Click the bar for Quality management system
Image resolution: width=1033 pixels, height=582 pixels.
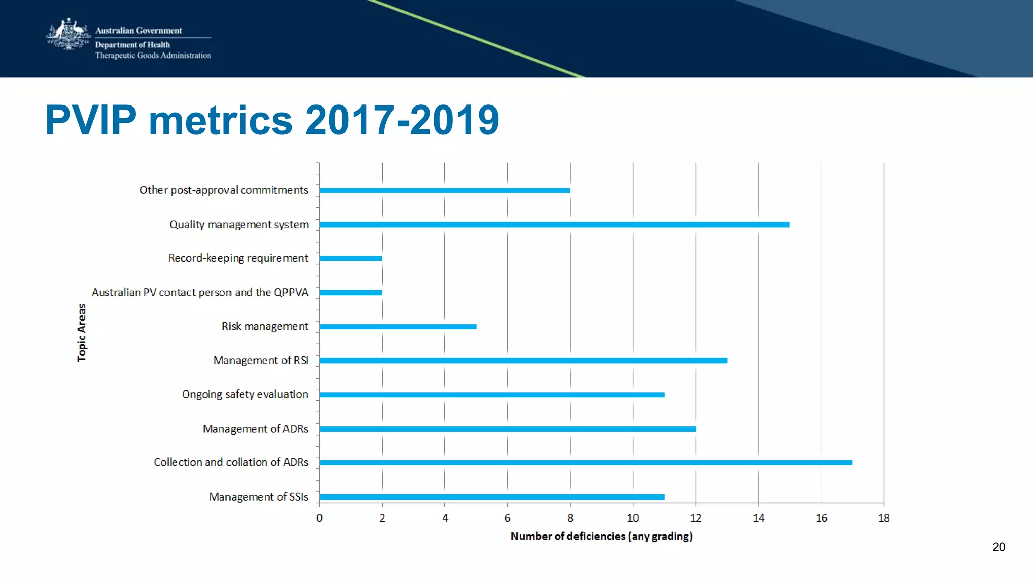pyautogui.click(x=554, y=225)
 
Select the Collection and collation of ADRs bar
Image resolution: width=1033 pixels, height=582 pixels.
pyautogui.click(x=585, y=463)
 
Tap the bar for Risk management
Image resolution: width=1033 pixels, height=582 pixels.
pyautogui.click(x=397, y=327)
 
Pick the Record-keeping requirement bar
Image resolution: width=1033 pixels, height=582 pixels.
pyautogui.click(x=351, y=258)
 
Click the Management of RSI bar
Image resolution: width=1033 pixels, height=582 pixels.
pyautogui.click(x=523, y=361)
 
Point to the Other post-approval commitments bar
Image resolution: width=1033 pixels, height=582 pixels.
pyautogui.click(x=444, y=190)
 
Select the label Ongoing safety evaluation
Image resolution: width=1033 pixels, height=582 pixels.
pyautogui.click(x=245, y=394)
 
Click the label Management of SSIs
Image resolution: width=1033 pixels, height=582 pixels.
pyautogui.click(x=258, y=497)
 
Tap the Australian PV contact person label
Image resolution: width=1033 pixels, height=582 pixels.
pyautogui.click(x=199, y=292)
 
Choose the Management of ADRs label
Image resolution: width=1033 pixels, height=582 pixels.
pyautogui.click(x=255, y=429)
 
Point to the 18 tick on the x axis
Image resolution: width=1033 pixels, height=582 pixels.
pyautogui.click(x=884, y=518)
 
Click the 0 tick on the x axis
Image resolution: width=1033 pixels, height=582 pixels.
pyautogui.click(x=319, y=518)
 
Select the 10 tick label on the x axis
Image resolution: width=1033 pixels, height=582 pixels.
pyautogui.click(x=633, y=518)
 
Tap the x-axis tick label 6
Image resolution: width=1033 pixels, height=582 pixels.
pyautogui.click(x=507, y=518)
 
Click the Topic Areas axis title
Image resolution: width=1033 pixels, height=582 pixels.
pyautogui.click(x=82, y=333)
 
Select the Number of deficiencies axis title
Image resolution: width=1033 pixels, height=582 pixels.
pyautogui.click(x=601, y=536)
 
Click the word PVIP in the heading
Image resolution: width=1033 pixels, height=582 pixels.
pyautogui.click(x=91, y=120)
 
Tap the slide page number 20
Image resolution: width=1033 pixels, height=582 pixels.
pyautogui.click(x=998, y=547)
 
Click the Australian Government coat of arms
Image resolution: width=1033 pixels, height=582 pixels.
pyautogui.click(x=68, y=34)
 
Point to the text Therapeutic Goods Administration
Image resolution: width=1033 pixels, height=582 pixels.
pyautogui.click(x=153, y=56)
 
